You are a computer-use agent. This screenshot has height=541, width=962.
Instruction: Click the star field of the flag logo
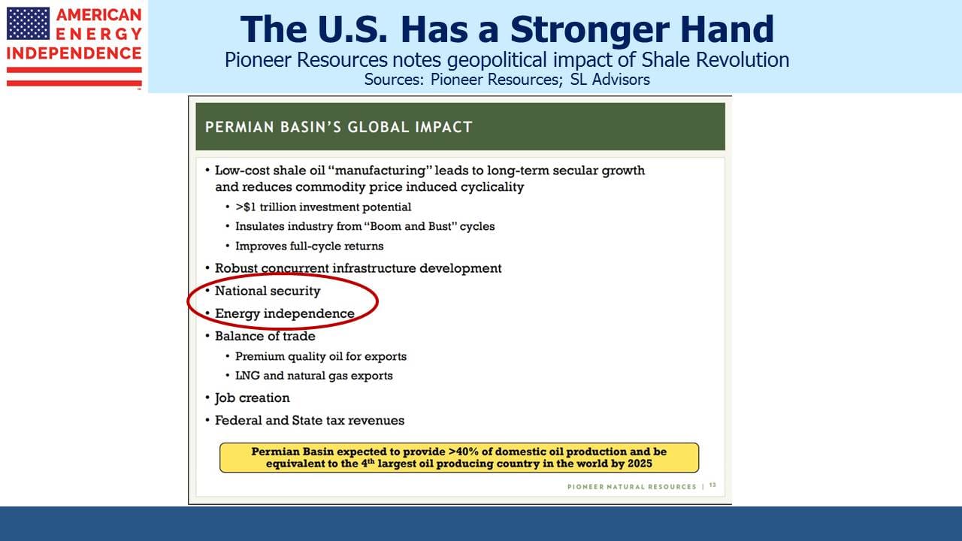coord(28,23)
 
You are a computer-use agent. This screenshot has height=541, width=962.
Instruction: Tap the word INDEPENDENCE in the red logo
coord(74,53)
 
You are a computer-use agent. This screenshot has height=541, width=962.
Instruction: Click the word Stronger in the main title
coord(590,29)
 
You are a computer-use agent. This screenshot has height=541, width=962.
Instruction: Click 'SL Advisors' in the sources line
coord(610,80)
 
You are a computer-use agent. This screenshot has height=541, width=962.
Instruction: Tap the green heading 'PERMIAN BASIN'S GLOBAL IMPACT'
coord(338,127)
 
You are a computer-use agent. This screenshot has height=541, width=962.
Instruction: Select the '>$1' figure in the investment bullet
coord(245,207)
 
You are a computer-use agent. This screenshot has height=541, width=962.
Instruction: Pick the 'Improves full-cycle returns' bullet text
coord(309,246)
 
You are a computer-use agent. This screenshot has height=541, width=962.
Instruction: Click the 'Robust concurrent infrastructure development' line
coord(358,268)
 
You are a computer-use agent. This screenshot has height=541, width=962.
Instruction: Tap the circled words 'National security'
coord(268,291)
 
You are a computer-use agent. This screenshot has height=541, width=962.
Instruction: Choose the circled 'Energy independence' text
coord(284,313)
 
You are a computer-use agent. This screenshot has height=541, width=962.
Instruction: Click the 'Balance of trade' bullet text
coord(265,336)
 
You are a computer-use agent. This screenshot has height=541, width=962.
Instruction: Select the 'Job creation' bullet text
coord(252,398)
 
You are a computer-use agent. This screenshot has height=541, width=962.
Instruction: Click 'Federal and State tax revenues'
coord(309,420)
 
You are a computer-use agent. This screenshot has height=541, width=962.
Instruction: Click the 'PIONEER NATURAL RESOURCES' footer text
coord(632,486)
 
